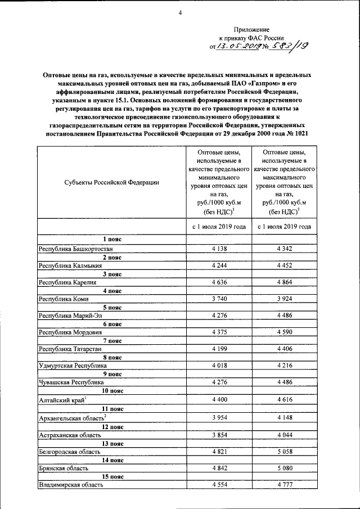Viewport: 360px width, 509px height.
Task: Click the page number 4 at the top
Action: (180, 7)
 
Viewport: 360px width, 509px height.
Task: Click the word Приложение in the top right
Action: (252, 29)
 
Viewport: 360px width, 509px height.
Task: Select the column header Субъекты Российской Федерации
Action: (111, 182)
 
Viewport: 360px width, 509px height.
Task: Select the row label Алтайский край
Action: (61, 399)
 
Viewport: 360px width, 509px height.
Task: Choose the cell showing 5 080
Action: (285, 468)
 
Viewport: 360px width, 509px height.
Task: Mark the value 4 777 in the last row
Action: (285, 485)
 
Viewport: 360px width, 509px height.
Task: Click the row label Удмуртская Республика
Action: (72, 366)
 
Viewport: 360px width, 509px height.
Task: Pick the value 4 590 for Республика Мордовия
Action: (285, 332)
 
